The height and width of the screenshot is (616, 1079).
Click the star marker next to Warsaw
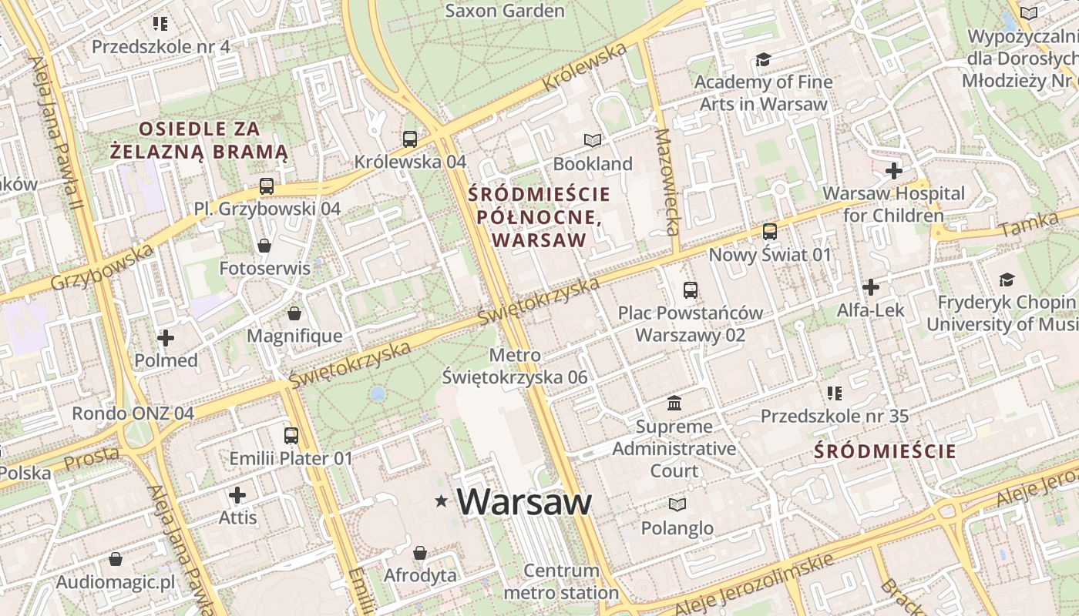pos(442,501)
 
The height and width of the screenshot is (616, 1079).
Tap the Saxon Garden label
pos(505,11)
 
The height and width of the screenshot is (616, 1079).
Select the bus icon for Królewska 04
pos(410,139)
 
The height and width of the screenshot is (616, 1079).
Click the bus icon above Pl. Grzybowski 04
pos(267,186)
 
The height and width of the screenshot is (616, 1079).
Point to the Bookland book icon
pos(592,140)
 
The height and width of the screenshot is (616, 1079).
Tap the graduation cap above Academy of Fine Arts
pos(763,59)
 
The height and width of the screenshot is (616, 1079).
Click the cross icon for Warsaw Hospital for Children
pos(894,170)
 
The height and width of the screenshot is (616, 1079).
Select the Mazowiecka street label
pos(667,182)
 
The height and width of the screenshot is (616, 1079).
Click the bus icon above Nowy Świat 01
pos(769,232)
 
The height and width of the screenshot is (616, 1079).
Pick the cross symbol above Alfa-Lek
pos(871,287)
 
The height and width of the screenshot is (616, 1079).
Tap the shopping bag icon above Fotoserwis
pos(264,246)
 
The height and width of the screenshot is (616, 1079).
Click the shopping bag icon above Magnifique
pos(294,313)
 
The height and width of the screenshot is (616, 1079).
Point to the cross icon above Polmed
pos(166,337)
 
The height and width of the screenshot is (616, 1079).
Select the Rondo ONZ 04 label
pos(133,413)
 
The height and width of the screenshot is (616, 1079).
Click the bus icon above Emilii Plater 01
pos(291,436)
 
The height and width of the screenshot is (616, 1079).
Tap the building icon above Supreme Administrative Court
pos(674,403)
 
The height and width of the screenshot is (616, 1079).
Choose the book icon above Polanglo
pos(677,504)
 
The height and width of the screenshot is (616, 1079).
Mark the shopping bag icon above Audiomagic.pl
pos(116,559)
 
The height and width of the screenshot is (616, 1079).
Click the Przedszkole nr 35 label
pos(835,417)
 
